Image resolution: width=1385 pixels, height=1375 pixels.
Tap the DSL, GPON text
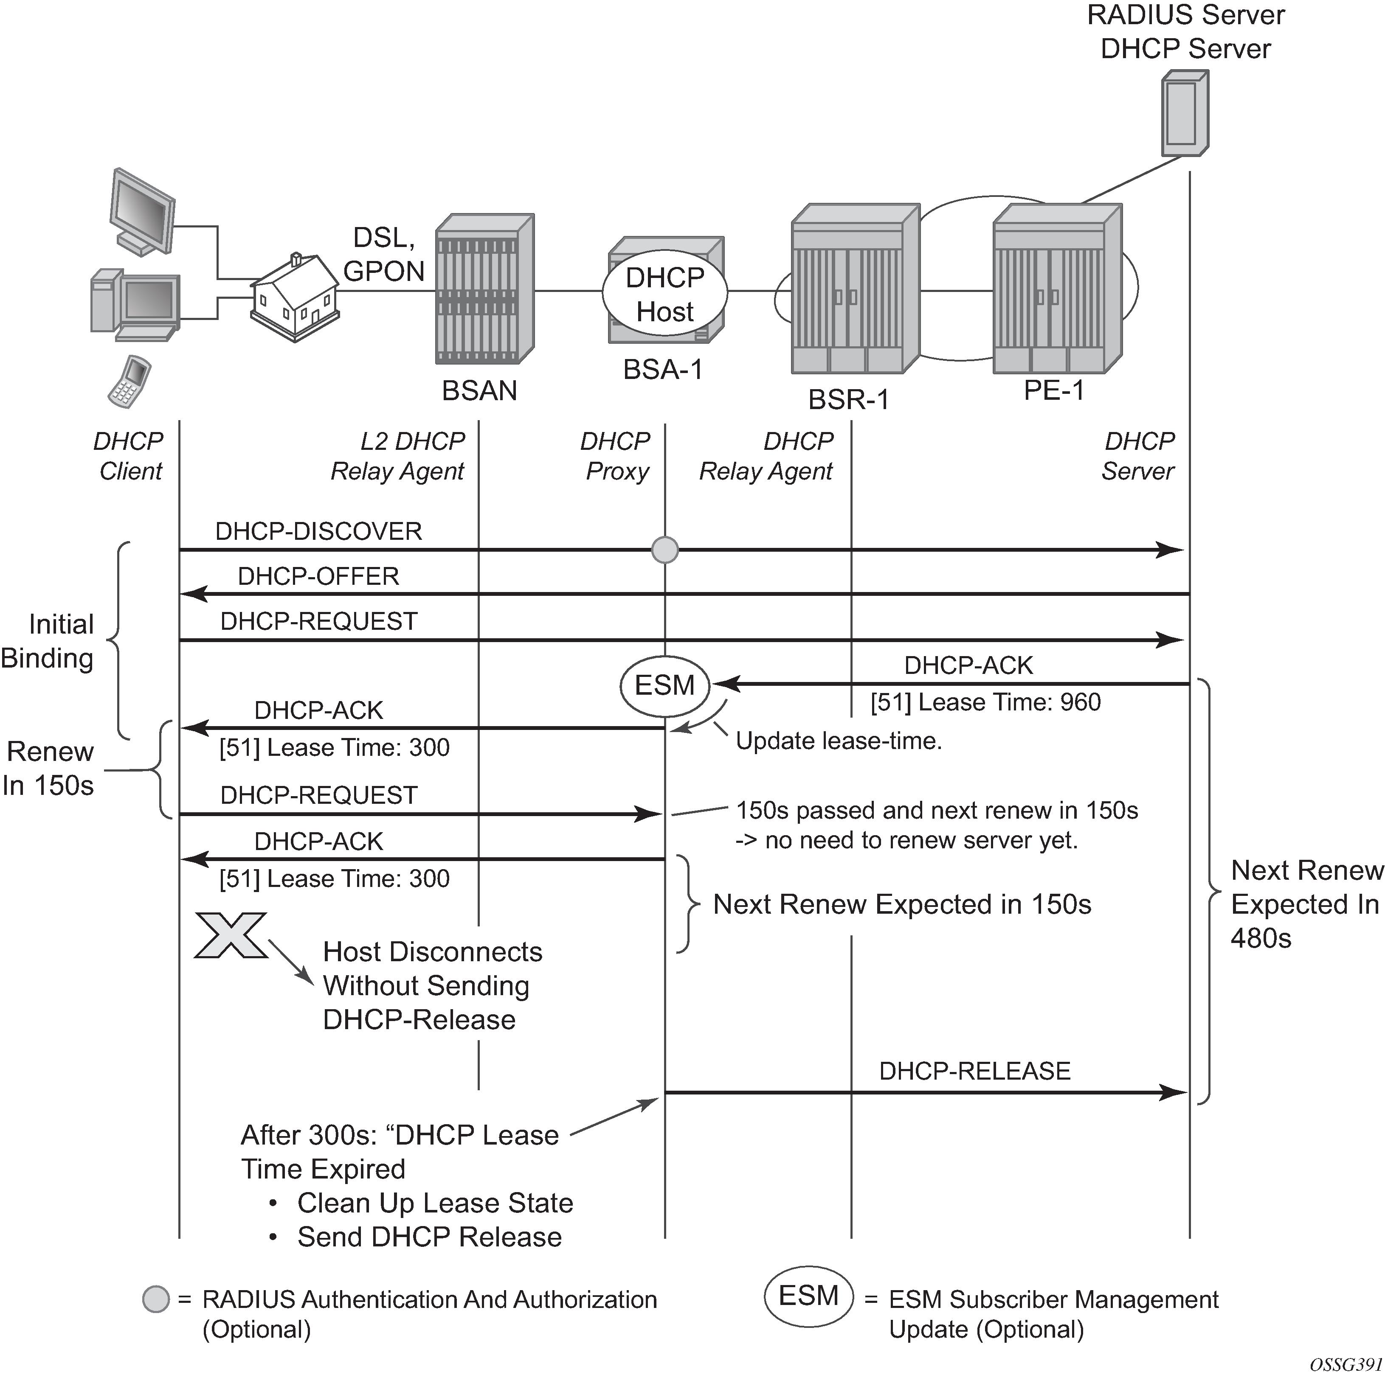384,254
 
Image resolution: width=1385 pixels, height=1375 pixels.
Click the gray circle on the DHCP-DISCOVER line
664,550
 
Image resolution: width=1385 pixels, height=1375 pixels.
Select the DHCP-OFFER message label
318,576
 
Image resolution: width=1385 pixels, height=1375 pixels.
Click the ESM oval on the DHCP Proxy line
664,685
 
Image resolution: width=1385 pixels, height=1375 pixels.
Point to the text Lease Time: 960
986,702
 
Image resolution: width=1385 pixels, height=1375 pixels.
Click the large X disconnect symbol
231,935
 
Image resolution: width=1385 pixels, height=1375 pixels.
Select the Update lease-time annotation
839,741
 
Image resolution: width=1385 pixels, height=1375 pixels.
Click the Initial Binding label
49,641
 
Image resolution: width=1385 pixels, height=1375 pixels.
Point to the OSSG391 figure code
1346,1364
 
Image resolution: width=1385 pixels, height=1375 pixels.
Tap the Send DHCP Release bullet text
429,1237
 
